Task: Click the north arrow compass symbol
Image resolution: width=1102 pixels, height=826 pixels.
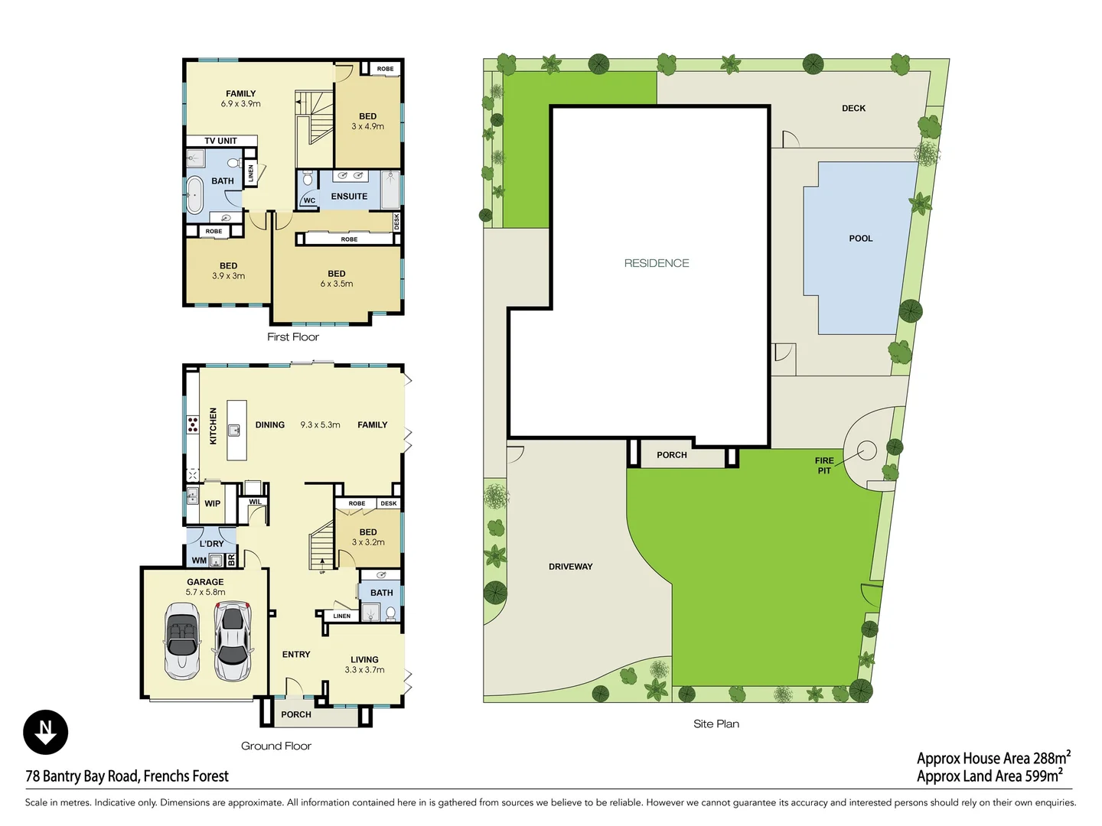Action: point(46,732)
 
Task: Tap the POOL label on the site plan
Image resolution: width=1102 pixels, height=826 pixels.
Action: point(860,239)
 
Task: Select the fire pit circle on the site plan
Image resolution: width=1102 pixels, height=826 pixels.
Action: point(866,451)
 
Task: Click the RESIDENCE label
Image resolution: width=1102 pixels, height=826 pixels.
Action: point(656,263)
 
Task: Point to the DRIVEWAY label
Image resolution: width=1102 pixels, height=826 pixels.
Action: point(570,567)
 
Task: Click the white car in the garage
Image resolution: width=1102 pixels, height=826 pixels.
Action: point(182,641)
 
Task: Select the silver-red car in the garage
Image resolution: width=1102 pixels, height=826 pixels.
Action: point(232,641)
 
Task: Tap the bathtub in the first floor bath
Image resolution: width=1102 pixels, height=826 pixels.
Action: point(194,196)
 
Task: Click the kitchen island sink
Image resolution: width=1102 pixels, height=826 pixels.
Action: point(234,431)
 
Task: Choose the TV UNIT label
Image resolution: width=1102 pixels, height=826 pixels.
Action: point(220,141)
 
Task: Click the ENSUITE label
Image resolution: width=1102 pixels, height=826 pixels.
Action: point(349,197)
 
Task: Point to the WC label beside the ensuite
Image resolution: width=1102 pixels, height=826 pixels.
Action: point(309,200)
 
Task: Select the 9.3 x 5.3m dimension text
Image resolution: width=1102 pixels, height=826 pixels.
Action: point(320,424)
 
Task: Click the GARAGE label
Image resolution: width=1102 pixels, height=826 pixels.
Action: point(205,582)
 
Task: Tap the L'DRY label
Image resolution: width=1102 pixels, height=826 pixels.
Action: point(211,544)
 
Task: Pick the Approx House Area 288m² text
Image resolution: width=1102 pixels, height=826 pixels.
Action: point(993,758)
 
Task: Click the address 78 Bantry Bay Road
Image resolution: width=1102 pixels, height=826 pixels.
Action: point(127,776)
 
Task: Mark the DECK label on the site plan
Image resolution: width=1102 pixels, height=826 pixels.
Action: point(853,109)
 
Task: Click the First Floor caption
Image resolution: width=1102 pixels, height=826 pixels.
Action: point(293,337)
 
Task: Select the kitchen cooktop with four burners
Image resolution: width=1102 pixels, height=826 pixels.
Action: point(193,424)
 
